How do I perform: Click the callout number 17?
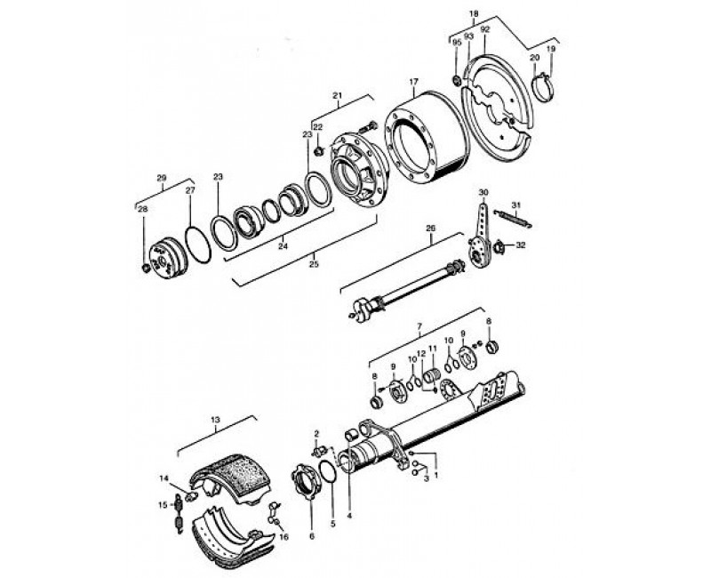point(413,83)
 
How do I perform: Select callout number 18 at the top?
point(474,14)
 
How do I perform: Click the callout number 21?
point(337,95)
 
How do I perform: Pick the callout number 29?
point(162,178)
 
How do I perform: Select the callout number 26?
point(430,229)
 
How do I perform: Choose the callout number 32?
point(521,245)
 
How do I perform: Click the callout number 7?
point(419,329)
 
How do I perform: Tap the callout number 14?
point(164,478)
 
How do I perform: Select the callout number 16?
point(284,538)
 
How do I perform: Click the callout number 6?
point(311,538)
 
